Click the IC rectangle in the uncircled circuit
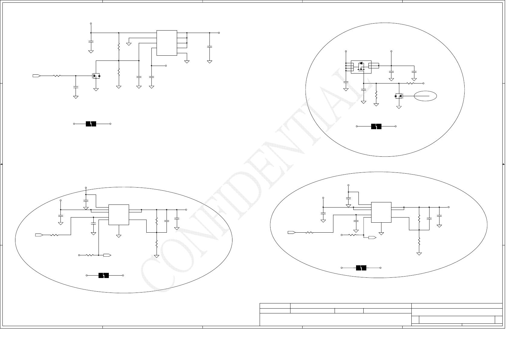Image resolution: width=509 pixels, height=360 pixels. tap(167, 43)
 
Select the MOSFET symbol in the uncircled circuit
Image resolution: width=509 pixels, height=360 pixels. tap(96, 76)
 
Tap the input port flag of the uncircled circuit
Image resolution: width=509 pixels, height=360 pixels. tap(36, 76)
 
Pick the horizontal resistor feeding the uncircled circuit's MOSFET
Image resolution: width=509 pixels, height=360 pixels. tap(57, 76)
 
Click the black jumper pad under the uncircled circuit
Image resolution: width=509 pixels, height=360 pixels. tap(91, 124)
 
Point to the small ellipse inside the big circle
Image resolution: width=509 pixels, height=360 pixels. tap(425, 96)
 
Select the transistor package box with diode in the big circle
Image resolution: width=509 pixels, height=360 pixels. tap(361, 67)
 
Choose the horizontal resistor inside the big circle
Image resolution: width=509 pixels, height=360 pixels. tap(410, 83)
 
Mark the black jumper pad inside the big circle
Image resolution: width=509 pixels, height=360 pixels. tap(376, 126)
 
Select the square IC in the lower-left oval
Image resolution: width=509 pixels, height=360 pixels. tap(119, 215)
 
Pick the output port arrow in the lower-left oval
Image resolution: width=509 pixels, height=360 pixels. tap(107, 255)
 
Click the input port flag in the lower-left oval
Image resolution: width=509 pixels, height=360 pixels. tap(39, 235)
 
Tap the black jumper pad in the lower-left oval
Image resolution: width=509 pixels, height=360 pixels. tap(104, 275)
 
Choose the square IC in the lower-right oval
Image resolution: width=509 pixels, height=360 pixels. tap(381, 212)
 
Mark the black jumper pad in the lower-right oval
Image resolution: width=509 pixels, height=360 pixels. tap(361, 268)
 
